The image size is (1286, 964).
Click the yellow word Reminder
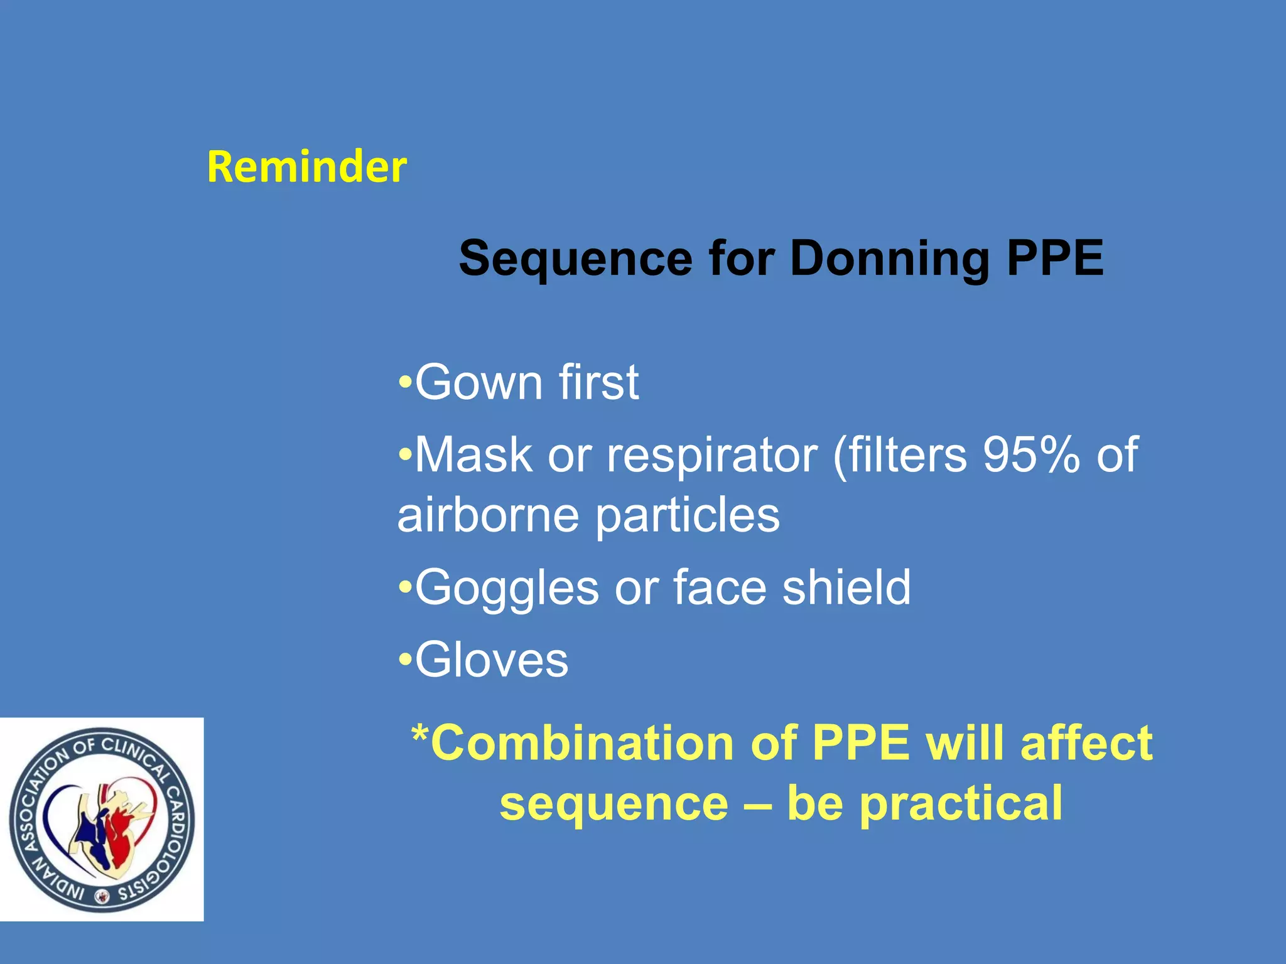coord(306,167)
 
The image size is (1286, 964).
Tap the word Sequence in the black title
coord(575,259)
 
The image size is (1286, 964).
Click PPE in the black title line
coord(1055,259)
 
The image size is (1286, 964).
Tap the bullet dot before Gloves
coord(405,660)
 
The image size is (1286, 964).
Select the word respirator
coord(711,455)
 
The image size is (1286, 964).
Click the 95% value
coord(1031,455)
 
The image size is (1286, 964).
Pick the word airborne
coord(488,515)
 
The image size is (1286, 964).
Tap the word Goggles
coord(507,588)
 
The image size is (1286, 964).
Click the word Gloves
coord(492,660)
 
